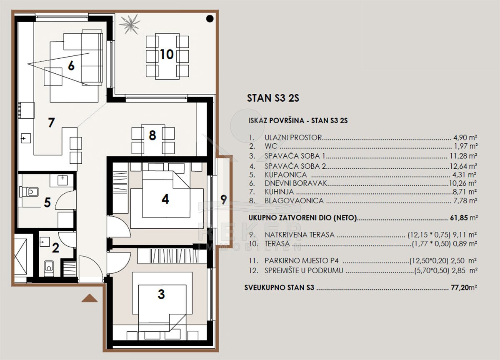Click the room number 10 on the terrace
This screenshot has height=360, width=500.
coord(167,55)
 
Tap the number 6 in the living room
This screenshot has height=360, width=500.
coord(71,66)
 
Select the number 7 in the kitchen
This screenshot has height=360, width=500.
coord(51,122)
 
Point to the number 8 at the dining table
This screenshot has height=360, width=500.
coord(152,135)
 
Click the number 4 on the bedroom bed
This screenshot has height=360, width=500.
coord(165,199)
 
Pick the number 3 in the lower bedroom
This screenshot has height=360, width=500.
coord(161,294)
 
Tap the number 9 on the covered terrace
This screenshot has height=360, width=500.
coord(224,200)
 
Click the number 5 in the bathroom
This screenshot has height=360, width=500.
coord(47,202)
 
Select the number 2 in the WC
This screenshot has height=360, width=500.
coord(55,248)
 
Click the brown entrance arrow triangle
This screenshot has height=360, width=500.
coord(89,298)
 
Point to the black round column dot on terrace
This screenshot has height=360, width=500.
coord(210,19)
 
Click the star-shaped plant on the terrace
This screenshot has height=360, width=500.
coord(130,24)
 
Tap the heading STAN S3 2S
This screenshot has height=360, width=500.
coord(273,98)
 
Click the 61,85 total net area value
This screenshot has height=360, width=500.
coord(459,217)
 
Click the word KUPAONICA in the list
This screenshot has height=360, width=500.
coord(285,175)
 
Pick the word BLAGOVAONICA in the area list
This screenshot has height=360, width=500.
coord(294,201)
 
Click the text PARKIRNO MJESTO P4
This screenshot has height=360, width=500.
coord(302,261)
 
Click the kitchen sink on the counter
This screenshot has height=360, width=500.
coord(26,138)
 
